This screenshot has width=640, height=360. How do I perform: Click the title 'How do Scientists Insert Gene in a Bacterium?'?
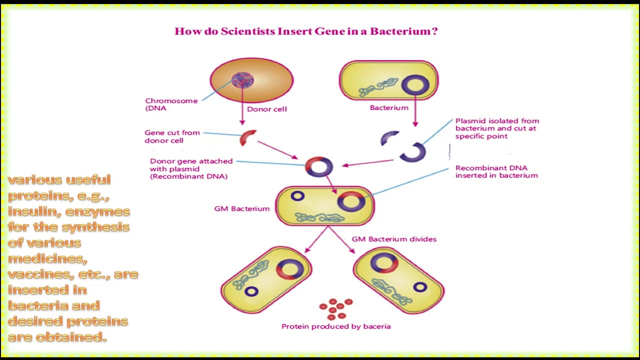point(306,31)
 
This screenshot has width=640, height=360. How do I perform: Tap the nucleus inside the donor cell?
point(242,80)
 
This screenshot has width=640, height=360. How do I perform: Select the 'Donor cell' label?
point(266,109)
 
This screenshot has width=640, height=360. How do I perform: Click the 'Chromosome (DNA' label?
point(171,104)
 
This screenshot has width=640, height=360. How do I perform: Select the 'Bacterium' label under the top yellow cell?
point(389,107)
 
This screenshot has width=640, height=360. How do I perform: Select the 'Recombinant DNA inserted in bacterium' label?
point(496,171)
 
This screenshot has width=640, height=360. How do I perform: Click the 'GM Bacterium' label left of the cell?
point(241,208)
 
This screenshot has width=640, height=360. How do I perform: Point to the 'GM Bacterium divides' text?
point(394,239)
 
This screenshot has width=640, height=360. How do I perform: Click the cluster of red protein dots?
point(336,308)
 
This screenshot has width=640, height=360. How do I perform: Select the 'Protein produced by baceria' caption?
point(336,326)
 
